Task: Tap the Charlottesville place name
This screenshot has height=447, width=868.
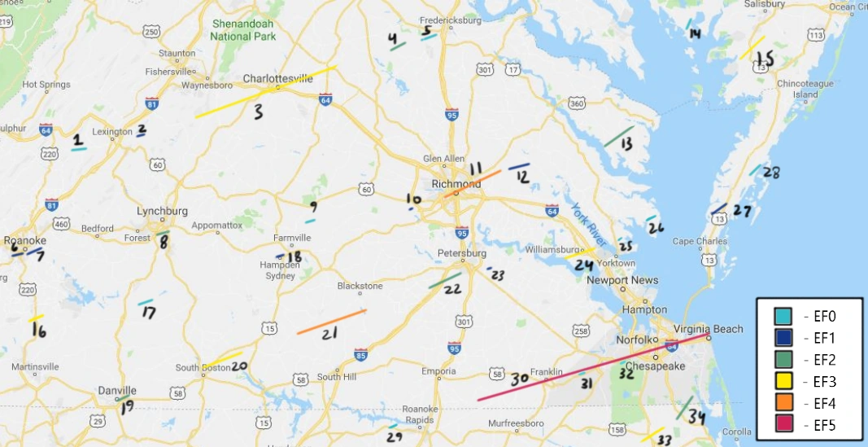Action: [x=278, y=79]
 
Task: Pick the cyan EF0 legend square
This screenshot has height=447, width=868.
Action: [x=783, y=315]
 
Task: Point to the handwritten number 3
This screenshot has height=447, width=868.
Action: [x=259, y=112]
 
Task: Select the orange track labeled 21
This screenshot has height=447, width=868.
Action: [x=331, y=322]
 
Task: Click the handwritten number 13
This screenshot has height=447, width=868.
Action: [x=626, y=144]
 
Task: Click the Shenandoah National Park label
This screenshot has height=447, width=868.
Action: [x=242, y=30]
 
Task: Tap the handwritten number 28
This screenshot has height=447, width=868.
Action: [x=770, y=173]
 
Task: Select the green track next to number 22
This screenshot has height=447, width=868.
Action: [x=444, y=280]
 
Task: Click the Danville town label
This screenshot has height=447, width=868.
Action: [x=117, y=391]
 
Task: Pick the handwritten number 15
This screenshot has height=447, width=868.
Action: [x=765, y=59]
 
